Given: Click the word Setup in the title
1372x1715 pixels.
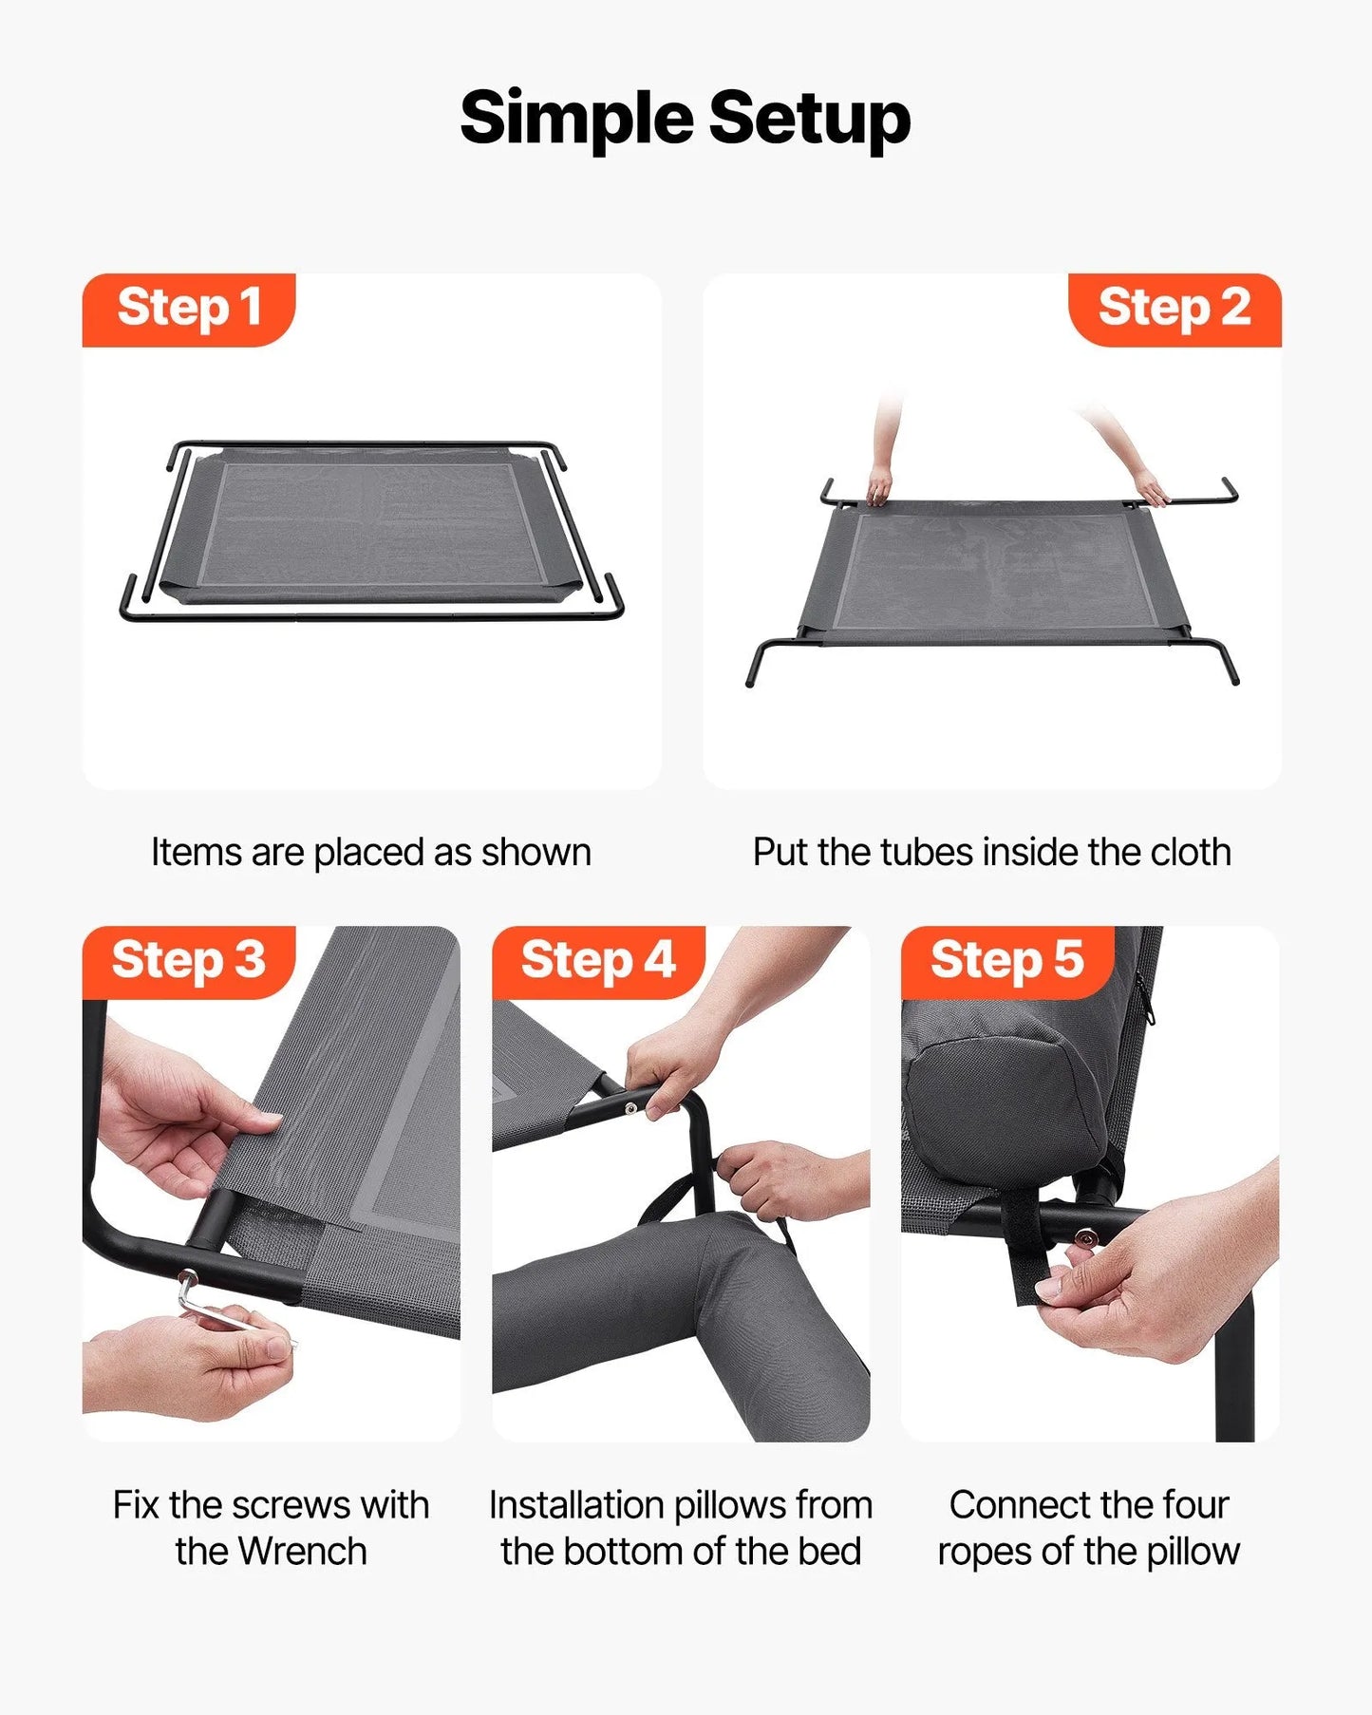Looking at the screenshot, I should pyautogui.click(x=809, y=119).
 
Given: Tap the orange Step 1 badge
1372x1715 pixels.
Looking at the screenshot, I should pyautogui.click(x=189, y=309).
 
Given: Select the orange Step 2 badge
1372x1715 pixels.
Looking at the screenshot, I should pyautogui.click(x=1175, y=309).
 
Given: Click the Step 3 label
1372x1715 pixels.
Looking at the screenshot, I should pyautogui.click(x=189, y=960).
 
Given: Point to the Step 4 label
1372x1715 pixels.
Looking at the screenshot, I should pyautogui.click(x=598, y=960).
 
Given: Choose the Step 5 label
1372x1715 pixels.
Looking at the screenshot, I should pyautogui.click(x=1007, y=960).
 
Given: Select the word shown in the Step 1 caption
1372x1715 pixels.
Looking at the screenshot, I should pyautogui.click(x=536, y=852).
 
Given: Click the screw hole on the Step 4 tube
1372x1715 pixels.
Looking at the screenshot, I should pyautogui.click(x=630, y=1108).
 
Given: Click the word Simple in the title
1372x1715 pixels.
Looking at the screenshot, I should pyautogui.click(x=576, y=119).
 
